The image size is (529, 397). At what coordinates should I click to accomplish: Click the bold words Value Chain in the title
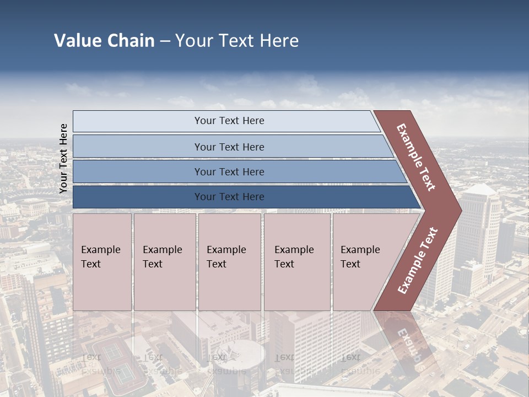[x=104, y=41]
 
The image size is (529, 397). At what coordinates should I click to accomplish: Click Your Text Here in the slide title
[x=237, y=41]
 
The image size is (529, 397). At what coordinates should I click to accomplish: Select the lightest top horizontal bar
[x=226, y=121]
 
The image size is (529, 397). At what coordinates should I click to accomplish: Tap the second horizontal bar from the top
[x=231, y=147]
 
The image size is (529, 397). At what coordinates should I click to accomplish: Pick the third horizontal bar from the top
[x=237, y=171]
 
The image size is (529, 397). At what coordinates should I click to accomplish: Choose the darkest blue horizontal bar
[x=242, y=197]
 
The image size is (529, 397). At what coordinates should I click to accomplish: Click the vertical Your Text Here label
[x=63, y=158]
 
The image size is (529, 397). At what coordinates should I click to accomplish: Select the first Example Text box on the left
[x=102, y=262]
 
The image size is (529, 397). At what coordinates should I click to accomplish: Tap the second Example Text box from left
[x=164, y=262]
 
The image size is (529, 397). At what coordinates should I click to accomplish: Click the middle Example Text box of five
[x=229, y=262]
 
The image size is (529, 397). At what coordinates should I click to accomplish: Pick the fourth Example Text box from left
[x=297, y=262]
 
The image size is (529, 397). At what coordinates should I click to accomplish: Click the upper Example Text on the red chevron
[x=416, y=157]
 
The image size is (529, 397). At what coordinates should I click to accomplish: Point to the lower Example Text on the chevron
[x=418, y=260]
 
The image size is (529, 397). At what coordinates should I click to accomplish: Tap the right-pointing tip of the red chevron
[x=458, y=210]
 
